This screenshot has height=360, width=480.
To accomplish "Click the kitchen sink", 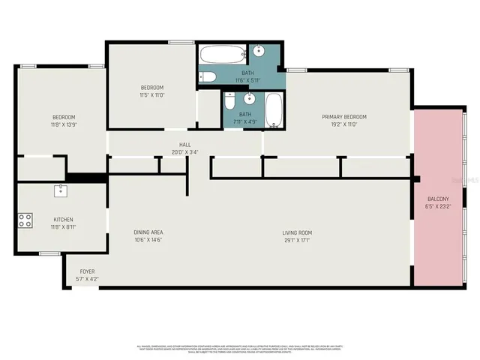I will click(60, 190).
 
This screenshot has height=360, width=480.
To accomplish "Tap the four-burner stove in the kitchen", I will click(25, 220).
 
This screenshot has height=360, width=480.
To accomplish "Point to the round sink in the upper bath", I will click(259, 52).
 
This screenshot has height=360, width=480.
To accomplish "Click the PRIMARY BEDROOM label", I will click(344, 117).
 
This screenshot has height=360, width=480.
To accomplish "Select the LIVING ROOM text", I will click(297, 232).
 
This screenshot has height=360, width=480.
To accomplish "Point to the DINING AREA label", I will click(148, 232).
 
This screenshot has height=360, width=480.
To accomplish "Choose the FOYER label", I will click(87, 271).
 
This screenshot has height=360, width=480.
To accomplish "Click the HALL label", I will click(184, 144).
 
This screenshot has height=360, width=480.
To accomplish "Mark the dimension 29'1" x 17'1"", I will click(297, 240).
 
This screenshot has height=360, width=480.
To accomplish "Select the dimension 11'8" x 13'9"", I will click(64, 124).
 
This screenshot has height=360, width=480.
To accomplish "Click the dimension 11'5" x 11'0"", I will click(151, 95).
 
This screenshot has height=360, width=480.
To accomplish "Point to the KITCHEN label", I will click(63, 219).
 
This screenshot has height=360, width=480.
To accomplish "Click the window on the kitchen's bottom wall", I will click(49, 253).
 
